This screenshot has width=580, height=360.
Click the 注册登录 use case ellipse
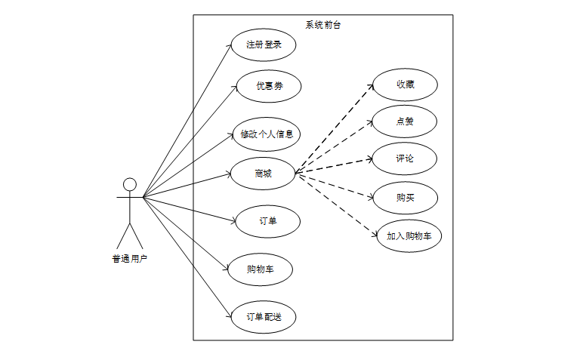(264, 45)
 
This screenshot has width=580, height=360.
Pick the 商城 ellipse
(263, 174)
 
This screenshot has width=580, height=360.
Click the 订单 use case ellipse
(267, 221)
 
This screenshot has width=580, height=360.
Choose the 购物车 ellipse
(260, 269)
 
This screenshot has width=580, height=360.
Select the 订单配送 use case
(264, 317)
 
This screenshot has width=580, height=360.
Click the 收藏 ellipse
(405, 85)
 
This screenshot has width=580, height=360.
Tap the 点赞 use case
(405, 122)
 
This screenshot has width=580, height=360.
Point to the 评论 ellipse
(405, 158)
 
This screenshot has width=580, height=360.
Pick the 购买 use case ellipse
(406, 198)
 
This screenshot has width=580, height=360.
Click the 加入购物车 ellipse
(409, 236)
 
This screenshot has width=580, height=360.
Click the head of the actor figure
(130, 184)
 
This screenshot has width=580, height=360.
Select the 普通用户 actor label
(130, 259)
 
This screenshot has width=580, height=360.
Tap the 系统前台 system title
(323, 24)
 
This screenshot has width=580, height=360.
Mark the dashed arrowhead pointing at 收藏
(372, 85)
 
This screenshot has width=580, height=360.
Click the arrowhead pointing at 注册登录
(232, 45)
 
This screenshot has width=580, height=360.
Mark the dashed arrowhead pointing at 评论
(372, 158)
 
